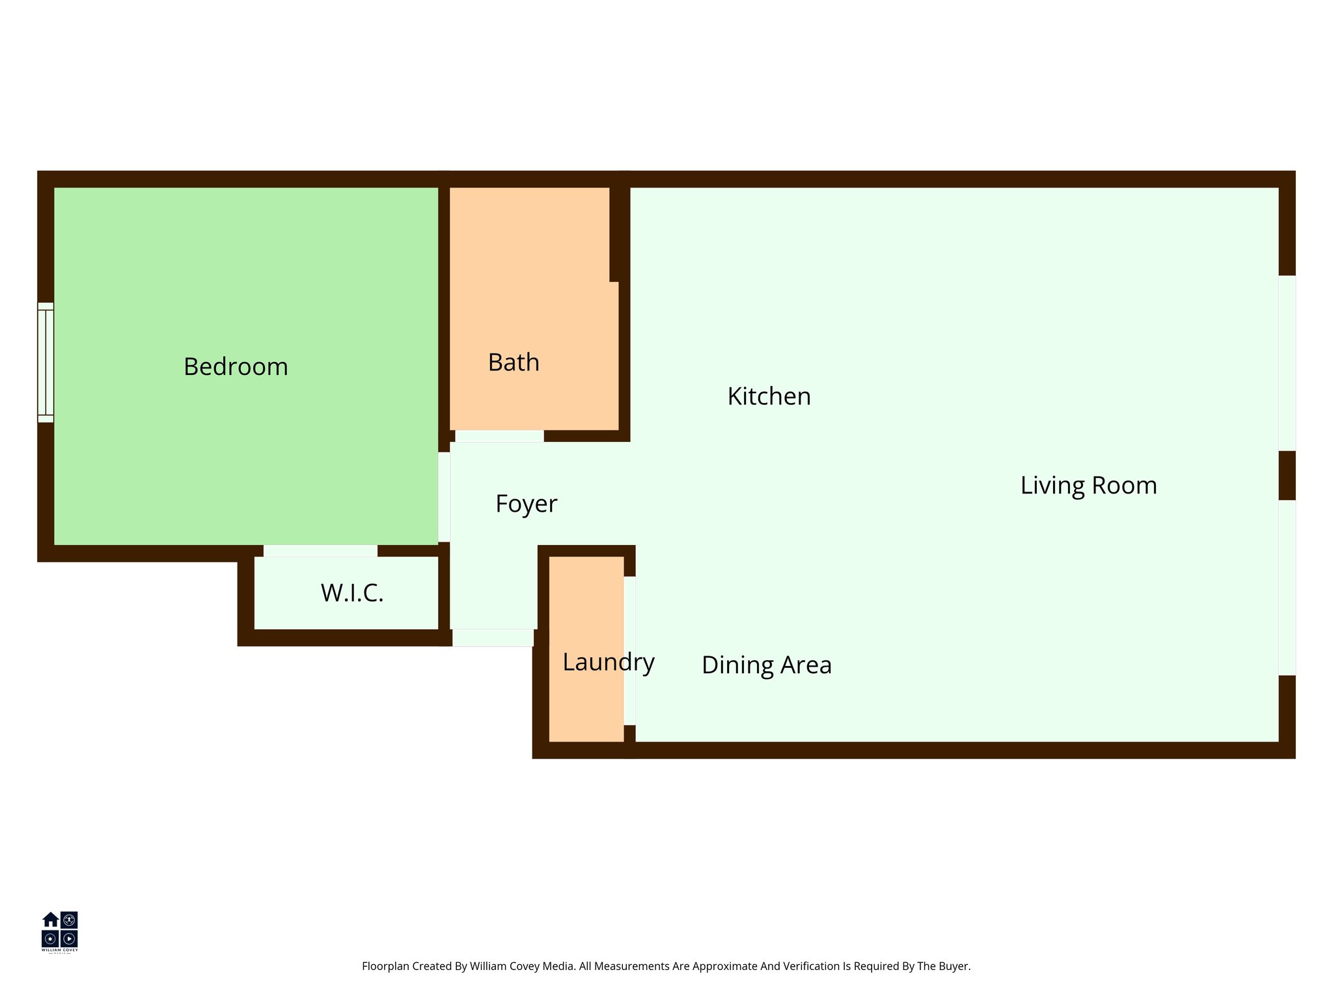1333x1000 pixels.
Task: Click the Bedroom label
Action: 236,367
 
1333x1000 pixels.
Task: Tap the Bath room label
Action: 514,363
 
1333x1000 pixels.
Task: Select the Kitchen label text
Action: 769,396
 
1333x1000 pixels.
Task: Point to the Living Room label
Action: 1088,486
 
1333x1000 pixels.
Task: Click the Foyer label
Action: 526,504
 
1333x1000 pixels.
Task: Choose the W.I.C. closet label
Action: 352,593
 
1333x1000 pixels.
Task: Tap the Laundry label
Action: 608,662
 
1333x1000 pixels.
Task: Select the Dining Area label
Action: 766,665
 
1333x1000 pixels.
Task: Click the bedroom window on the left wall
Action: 46,363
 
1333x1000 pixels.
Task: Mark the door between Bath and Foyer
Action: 499,436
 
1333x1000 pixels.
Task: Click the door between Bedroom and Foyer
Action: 444,497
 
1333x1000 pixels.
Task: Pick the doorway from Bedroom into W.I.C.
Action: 320,551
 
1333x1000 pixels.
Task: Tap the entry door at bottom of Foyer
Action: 493,637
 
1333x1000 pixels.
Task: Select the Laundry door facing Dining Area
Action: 629,650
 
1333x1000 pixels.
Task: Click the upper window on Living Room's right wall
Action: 1287,363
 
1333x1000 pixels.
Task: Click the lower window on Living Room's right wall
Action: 1287,587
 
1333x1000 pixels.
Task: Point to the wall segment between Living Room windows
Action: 1287,475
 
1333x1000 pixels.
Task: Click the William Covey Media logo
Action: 60,931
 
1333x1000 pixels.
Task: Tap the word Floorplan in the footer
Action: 385,966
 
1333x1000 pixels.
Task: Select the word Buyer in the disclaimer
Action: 954,966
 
